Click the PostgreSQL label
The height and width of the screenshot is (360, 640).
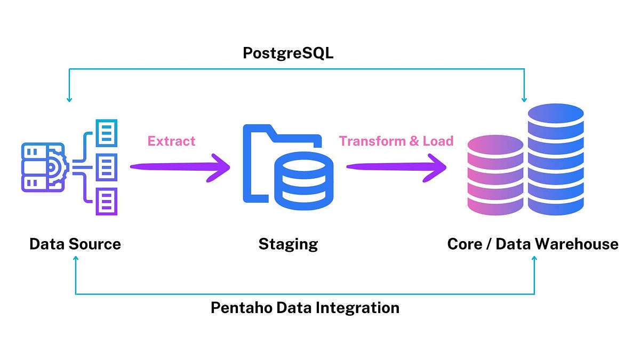pyautogui.click(x=288, y=53)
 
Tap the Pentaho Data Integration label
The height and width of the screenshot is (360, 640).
pyautogui.click(x=305, y=308)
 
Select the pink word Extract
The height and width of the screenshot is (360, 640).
pyautogui.click(x=171, y=141)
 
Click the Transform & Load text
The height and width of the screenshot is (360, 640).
pyautogui.click(x=396, y=141)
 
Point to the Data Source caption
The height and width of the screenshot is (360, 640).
pyautogui.click(x=75, y=244)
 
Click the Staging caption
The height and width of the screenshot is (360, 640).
pyautogui.click(x=288, y=244)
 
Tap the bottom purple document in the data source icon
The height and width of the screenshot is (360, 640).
pyautogui.click(x=106, y=201)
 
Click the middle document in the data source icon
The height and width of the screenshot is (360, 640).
pyautogui.click(x=106, y=167)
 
